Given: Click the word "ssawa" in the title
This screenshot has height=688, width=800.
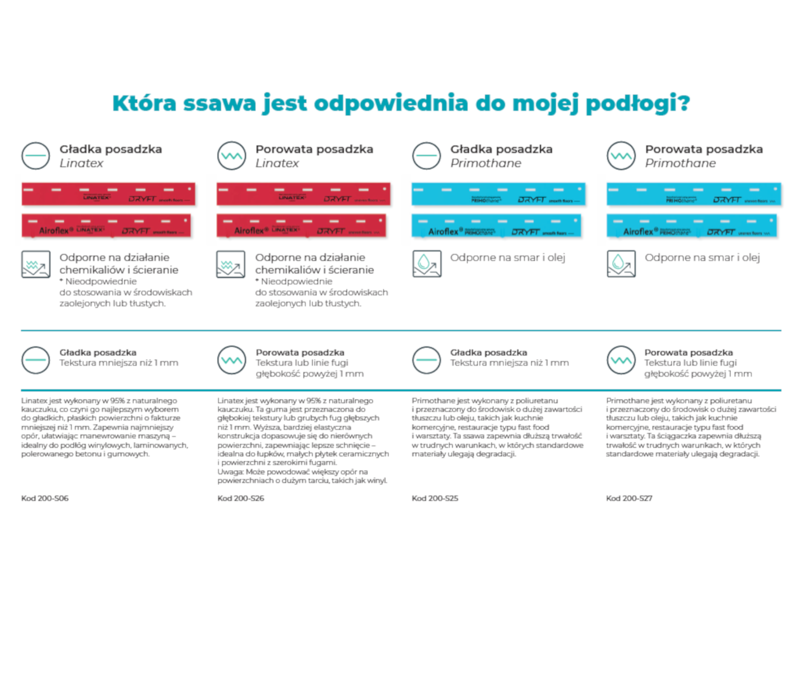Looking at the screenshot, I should (219, 103).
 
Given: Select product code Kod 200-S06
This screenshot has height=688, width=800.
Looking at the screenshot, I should (45, 498).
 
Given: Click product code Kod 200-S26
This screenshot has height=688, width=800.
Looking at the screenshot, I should (241, 498).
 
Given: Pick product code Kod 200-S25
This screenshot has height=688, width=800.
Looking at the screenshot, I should (435, 498).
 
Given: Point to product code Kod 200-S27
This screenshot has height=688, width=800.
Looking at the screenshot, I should (629, 498).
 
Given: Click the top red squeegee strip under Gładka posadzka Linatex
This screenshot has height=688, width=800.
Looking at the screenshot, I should (108, 194).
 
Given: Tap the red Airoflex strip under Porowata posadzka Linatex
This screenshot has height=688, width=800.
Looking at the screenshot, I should (302, 226).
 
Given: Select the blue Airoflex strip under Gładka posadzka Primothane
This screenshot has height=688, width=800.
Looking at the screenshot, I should (496, 226).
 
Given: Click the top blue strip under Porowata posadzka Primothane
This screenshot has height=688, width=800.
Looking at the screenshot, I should (694, 194).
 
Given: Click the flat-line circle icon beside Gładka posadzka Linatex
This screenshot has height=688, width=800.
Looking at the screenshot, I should (36, 156).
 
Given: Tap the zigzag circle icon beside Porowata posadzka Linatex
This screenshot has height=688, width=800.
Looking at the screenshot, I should (232, 156).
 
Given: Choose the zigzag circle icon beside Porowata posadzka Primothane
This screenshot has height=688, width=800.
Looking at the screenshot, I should (621, 156).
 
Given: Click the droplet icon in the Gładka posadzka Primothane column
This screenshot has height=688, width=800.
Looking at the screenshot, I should (427, 264).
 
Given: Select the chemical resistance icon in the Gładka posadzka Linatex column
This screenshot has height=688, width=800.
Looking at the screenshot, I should (36, 264).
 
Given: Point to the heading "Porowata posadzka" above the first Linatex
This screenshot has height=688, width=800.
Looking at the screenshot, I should (314, 149).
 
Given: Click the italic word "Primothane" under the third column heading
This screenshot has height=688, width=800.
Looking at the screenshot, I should (485, 163).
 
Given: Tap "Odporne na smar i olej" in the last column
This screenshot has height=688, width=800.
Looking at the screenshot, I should (702, 258).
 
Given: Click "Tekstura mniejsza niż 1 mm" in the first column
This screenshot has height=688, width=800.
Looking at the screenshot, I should (119, 363).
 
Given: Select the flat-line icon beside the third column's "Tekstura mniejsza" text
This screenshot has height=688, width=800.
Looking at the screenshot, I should (427, 360).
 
